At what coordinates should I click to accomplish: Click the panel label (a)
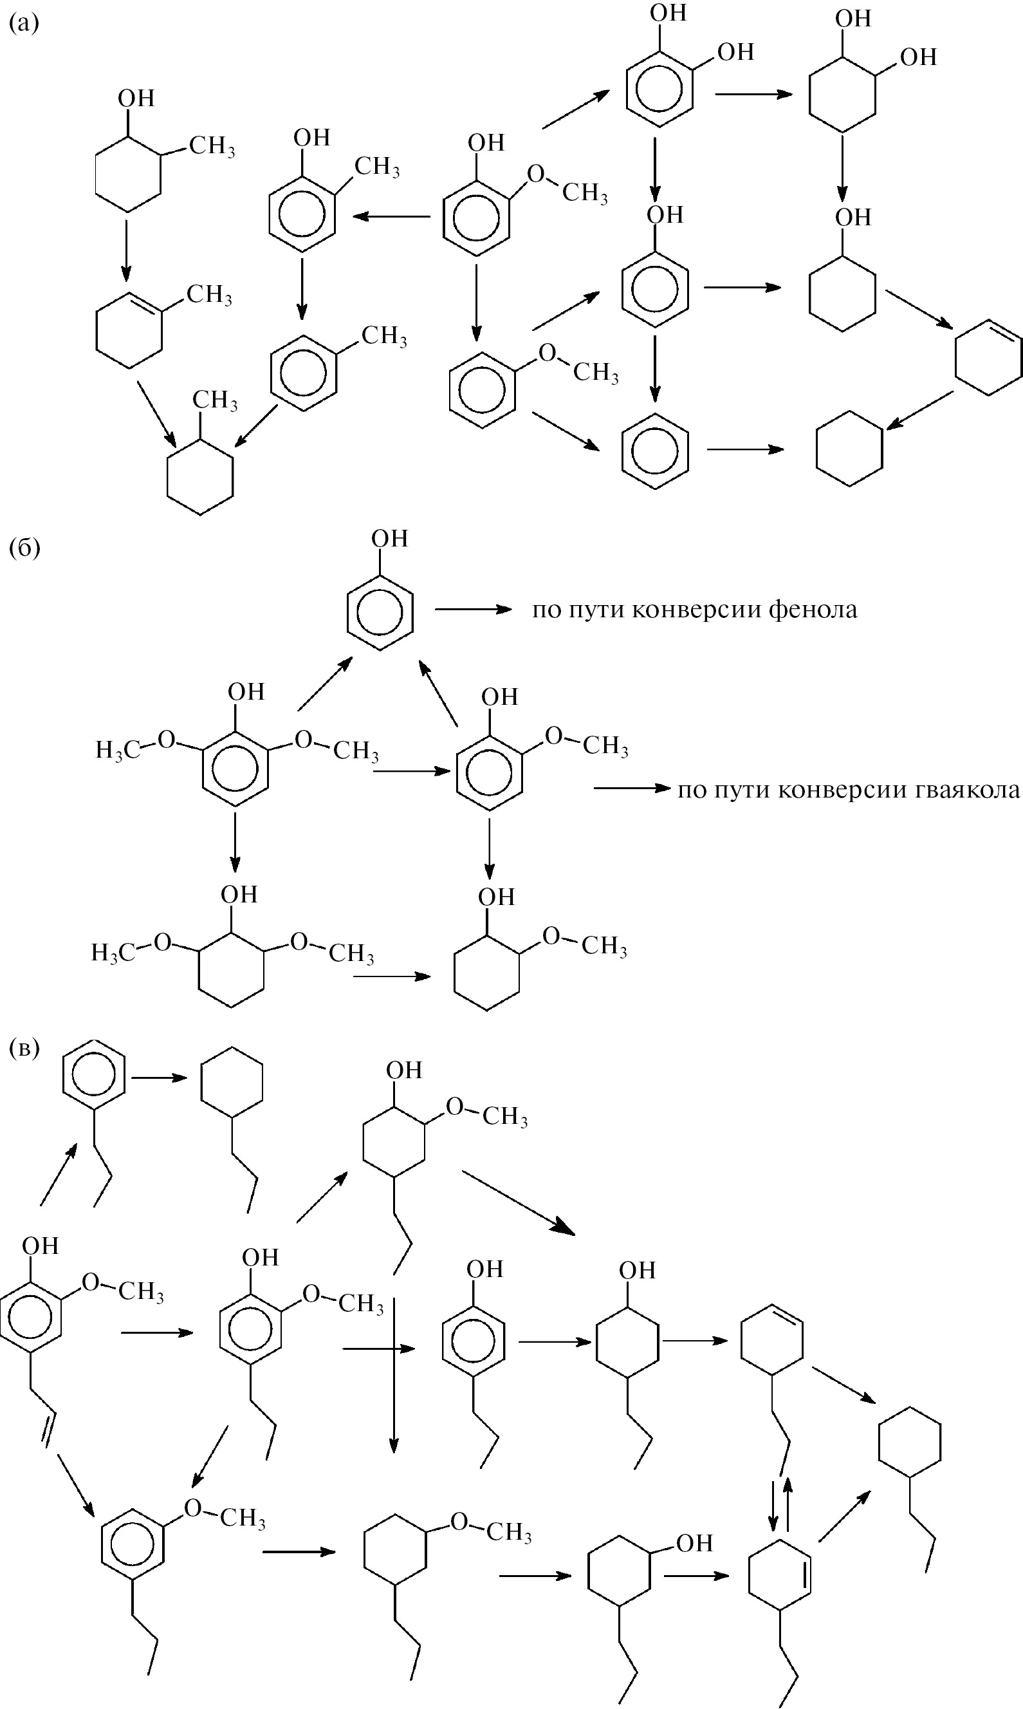click(x=24, y=24)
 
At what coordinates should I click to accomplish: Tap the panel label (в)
click(x=24, y=1048)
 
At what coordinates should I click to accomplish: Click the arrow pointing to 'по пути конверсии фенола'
click(x=473, y=609)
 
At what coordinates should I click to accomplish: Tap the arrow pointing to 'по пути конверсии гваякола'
click(x=631, y=788)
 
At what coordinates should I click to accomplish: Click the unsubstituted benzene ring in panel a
click(x=655, y=451)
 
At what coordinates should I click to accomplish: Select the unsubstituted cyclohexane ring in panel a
click(x=849, y=449)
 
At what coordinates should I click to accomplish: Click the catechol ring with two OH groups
click(x=659, y=87)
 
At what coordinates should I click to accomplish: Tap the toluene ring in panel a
click(x=304, y=373)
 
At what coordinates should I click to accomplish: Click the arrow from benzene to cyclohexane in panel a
click(x=745, y=450)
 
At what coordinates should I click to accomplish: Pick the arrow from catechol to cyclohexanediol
click(x=753, y=94)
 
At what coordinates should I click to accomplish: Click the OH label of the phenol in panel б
click(x=389, y=539)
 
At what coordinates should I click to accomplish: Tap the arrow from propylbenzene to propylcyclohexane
click(x=160, y=1078)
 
